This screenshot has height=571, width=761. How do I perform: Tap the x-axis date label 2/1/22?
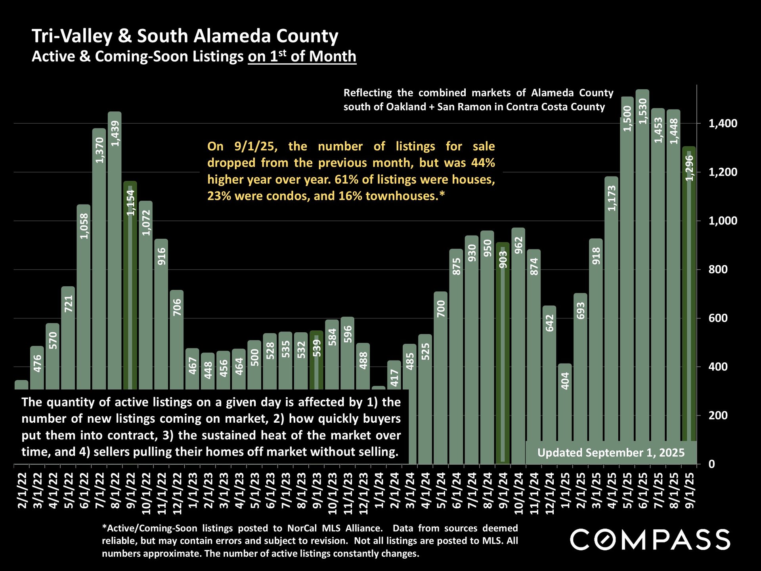[x=22, y=490]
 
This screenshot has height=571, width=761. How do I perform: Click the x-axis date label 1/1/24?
[x=379, y=490]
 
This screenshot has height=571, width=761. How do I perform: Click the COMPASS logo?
[x=650, y=539]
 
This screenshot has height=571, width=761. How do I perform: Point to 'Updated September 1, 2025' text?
[x=611, y=453]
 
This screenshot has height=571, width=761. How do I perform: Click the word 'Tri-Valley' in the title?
[x=72, y=36]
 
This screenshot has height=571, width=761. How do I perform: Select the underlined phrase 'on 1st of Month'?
[x=302, y=56]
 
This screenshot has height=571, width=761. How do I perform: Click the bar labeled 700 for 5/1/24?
[x=441, y=377]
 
